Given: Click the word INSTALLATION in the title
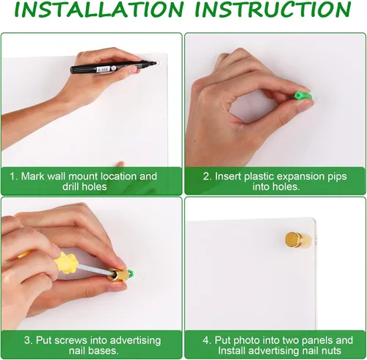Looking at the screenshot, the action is point(99,10).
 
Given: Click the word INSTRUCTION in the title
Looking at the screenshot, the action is point(273,10).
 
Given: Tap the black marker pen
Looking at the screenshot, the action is point(113,67).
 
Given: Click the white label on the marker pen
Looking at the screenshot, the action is point(103,70).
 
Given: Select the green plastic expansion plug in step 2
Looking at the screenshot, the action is point(303,96).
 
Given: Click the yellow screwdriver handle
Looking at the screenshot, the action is point(65,263).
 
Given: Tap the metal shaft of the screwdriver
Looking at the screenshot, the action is point(93,269).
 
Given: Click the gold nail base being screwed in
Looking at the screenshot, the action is point(118,275).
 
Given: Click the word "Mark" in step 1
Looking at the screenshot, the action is point(33,176).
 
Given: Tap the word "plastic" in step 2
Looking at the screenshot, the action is point(259,176).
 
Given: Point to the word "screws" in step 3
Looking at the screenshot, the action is point(72,341).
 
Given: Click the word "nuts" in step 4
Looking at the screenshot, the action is point(332,351).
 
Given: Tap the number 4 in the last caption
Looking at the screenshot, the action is point(206,340).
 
